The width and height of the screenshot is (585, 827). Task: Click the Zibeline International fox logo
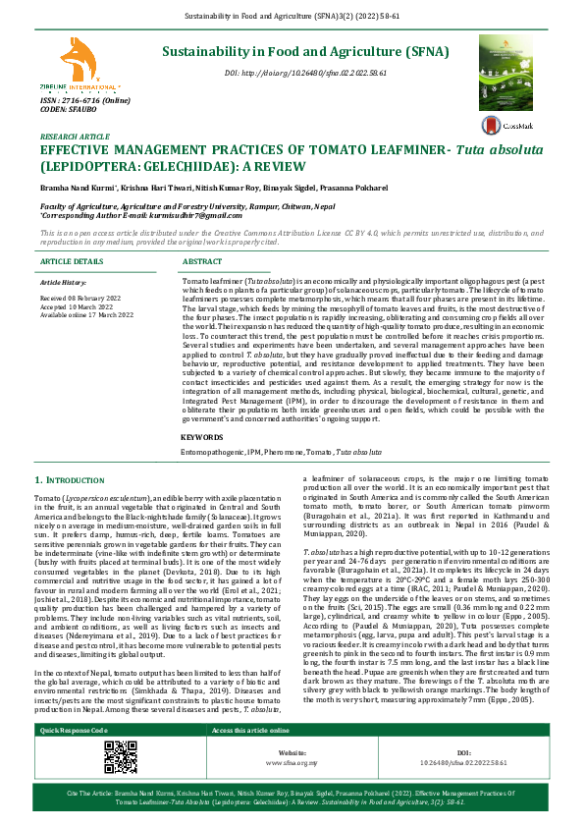click(x=77, y=63)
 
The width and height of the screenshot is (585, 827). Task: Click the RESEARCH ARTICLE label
click(x=75, y=138)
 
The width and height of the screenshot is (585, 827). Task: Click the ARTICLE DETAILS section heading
click(x=72, y=262)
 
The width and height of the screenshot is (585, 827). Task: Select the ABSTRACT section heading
click(x=202, y=262)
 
